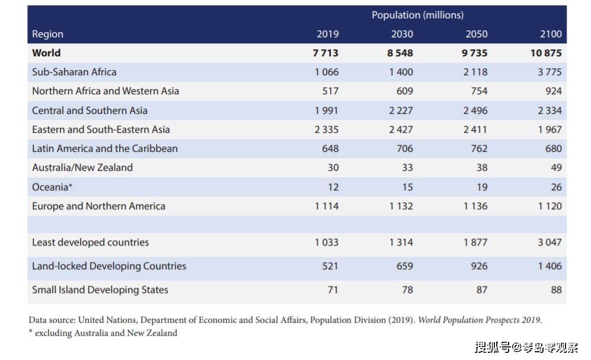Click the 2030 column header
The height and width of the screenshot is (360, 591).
(x=402, y=34)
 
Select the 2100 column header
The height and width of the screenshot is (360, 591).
(x=551, y=34)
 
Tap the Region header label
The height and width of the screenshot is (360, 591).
(x=47, y=34)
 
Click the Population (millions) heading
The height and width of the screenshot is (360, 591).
(x=418, y=15)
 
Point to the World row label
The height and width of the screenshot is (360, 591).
(x=46, y=53)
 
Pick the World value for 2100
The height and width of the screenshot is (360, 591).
(x=546, y=53)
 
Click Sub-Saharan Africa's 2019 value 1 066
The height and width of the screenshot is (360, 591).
(x=327, y=72)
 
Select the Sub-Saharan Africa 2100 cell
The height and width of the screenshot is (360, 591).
(x=550, y=72)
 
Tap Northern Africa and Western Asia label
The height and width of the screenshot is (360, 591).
(x=106, y=91)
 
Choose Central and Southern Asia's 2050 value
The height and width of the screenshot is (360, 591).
(x=475, y=110)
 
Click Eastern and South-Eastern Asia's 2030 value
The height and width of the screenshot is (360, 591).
(x=401, y=130)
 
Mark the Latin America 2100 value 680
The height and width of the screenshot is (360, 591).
(x=554, y=148)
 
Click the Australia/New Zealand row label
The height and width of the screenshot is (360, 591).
(x=82, y=167)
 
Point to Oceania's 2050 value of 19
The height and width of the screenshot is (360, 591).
(x=482, y=187)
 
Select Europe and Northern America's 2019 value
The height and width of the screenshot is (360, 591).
(x=327, y=206)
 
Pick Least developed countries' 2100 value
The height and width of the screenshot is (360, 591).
(x=550, y=243)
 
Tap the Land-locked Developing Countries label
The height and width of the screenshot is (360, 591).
(x=109, y=266)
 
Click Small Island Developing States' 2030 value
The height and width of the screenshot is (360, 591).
(x=407, y=290)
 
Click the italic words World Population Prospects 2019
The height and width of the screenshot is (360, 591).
(x=479, y=320)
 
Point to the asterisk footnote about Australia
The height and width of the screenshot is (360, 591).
(x=103, y=333)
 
